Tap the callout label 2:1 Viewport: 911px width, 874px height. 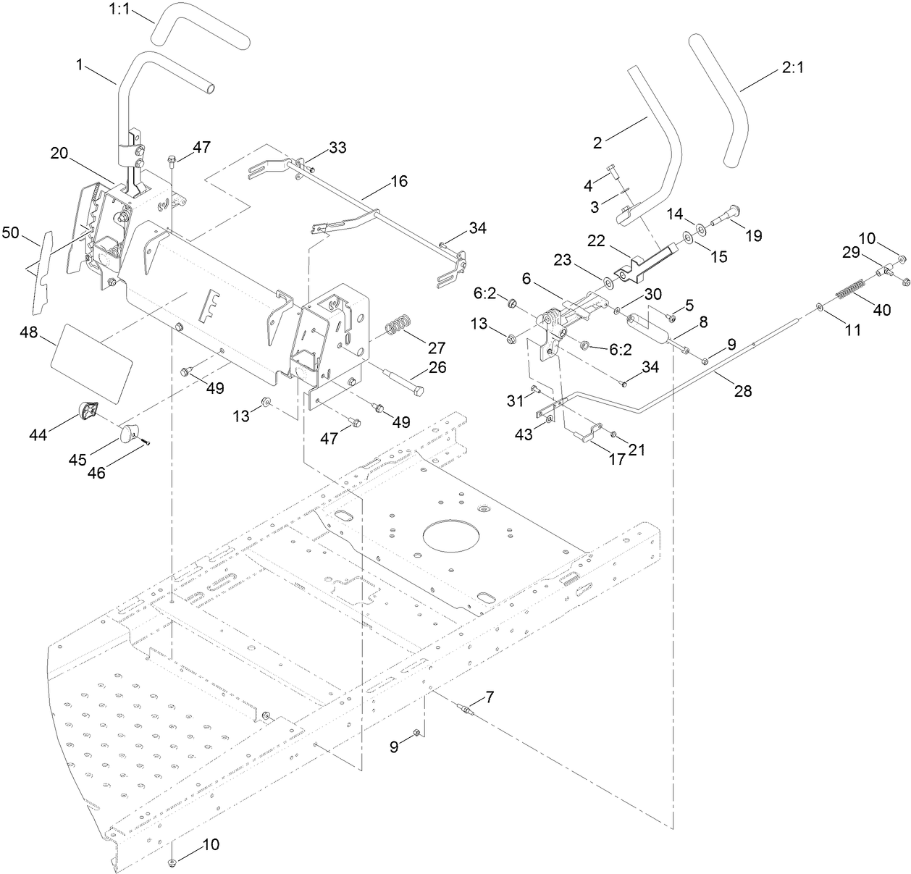[793, 68]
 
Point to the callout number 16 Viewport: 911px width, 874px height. [398, 181]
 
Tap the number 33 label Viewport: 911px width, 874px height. [337, 148]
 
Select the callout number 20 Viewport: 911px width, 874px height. [60, 154]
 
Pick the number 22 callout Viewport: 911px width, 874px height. [595, 241]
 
